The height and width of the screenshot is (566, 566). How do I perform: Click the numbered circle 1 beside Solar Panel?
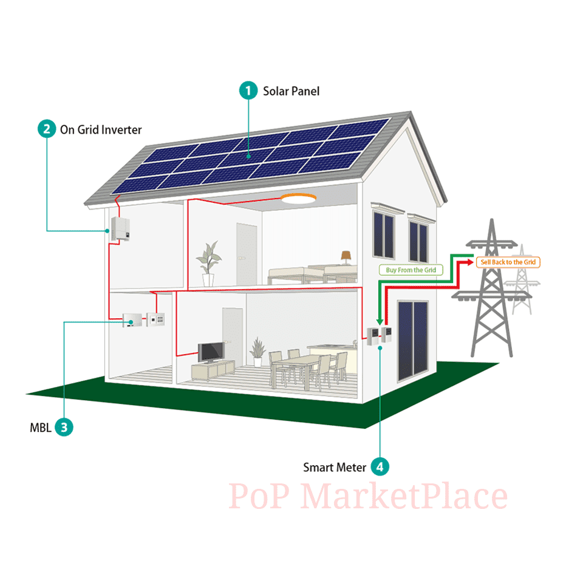248,91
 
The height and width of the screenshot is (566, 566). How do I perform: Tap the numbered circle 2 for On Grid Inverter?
46,129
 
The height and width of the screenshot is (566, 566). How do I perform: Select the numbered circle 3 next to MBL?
64,427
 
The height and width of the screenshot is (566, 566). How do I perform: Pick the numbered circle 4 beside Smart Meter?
380,467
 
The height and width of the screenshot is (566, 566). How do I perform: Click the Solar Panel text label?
291,91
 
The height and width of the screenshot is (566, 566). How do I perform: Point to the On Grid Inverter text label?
100,129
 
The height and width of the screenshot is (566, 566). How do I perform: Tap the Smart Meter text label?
335,468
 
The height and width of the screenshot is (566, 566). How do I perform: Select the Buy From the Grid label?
411,270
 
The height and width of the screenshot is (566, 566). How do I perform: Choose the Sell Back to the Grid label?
508,262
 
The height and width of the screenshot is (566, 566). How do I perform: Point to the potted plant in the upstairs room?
208,262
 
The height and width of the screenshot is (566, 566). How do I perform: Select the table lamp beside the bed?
346,257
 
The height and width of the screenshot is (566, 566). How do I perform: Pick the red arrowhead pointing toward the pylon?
469,262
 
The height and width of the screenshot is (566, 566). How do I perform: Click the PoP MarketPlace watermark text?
368,496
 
